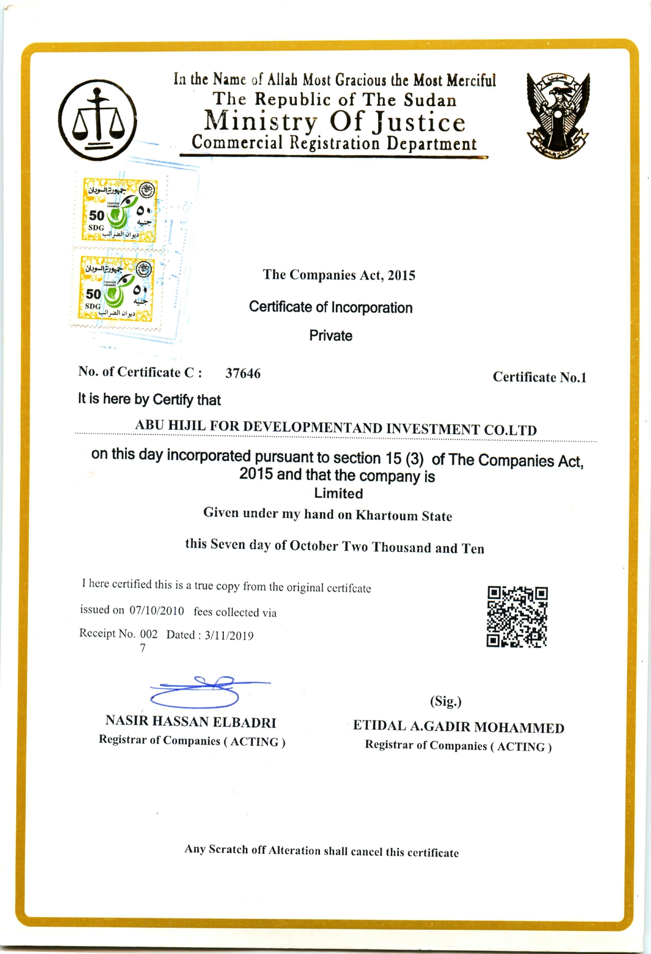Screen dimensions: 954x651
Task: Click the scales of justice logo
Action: click(x=98, y=120)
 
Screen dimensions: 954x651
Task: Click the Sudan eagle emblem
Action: click(x=558, y=116)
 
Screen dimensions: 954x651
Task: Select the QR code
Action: click(x=517, y=617)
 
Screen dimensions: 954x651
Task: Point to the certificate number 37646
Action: click(x=243, y=373)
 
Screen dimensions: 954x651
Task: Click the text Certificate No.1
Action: click(x=539, y=377)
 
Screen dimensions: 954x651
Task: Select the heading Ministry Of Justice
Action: click(x=335, y=122)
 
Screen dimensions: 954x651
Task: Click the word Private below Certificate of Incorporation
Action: click(x=330, y=336)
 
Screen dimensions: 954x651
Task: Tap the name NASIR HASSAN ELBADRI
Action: click(x=191, y=722)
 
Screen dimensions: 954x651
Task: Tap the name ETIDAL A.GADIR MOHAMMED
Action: click(x=458, y=727)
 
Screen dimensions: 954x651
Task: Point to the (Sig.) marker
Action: click(x=446, y=701)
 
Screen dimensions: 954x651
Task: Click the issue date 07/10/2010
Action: click(x=157, y=611)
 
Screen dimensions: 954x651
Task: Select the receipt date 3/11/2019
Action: click(x=229, y=635)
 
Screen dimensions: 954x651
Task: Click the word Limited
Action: click(x=338, y=494)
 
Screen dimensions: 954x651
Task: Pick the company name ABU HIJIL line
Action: click(x=336, y=427)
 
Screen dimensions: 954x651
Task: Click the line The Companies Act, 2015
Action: click(x=339, y=275)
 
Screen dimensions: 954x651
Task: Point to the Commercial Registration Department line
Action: click(x=334, y=143)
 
